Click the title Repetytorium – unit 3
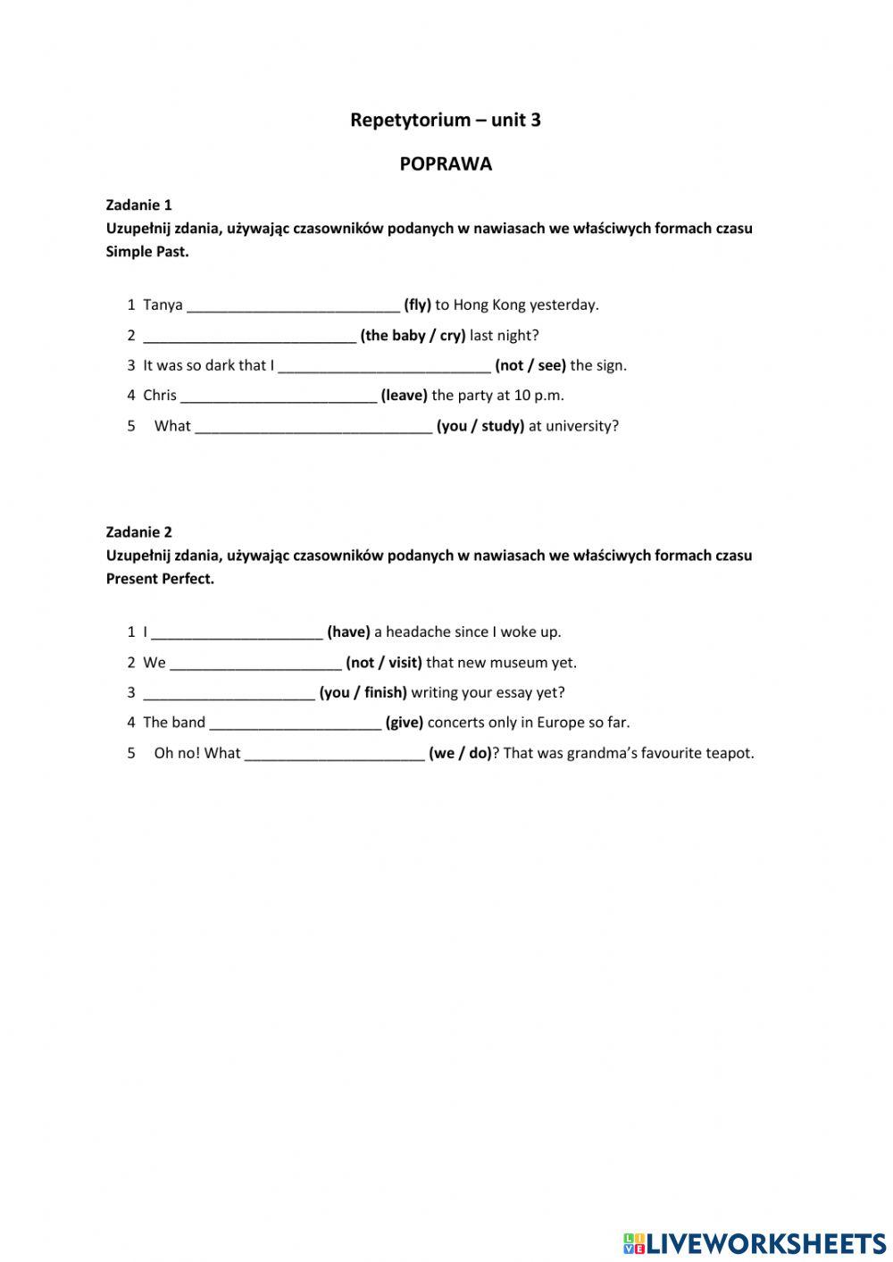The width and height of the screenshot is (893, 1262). pos(445,120)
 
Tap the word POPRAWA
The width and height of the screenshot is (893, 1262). pos(446,164)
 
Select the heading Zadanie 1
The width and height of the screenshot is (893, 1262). pos(138,205)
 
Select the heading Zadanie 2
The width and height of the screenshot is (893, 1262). pos(138,531)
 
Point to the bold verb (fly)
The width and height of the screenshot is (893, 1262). pos(417,305)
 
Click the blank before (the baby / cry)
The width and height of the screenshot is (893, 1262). pos(249,337)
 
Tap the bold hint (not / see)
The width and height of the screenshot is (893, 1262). pos(530,365)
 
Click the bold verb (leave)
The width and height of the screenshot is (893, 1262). pos(404,395)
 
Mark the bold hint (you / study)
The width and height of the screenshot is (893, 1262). pos(480,426)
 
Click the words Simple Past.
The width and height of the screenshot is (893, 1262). pos(146,252)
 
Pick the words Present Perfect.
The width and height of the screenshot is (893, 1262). pos(160,579)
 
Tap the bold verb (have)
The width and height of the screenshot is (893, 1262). pos(348,632)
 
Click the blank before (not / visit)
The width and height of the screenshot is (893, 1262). pos(255,664)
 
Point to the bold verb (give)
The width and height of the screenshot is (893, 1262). pos(404,723)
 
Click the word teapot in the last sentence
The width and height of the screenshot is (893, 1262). pos(730,753)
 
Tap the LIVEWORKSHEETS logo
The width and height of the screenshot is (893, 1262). pos(754,1242)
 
